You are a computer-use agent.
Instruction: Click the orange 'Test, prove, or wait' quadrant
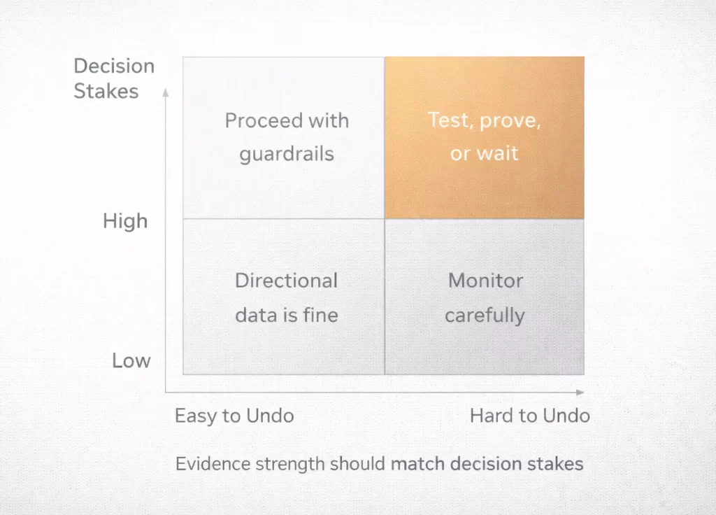(x=484, y=138)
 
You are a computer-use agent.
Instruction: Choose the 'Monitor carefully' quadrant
(x=484, y=297)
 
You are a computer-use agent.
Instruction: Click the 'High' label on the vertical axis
(x=125, y=221)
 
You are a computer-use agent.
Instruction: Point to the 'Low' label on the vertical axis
(x=131, y=361)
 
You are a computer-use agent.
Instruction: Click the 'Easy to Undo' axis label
(x=234, y=416)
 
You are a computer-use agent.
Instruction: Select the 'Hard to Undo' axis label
(x=529, y=416)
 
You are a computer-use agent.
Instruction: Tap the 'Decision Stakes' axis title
(x=113, y=78)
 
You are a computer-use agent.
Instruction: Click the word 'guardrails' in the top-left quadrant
(x=287, y=154)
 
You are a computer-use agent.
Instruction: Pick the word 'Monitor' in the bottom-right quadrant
(x=485, y=281)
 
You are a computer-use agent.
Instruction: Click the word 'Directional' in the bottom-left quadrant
(x=286, y=281)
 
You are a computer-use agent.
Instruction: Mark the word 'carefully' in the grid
(x=485, y=316)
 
